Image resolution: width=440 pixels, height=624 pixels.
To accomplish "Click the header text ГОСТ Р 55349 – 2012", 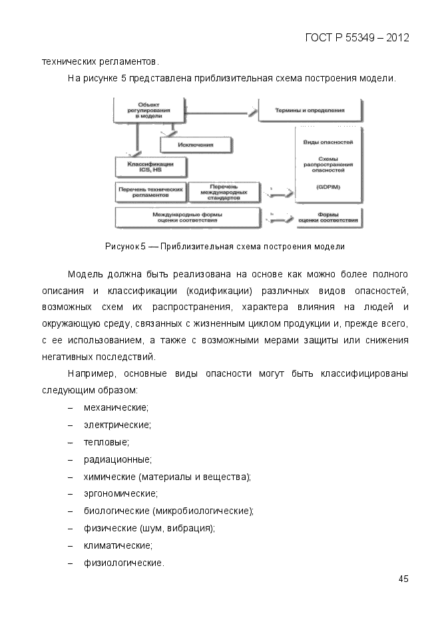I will [x=357, y=37].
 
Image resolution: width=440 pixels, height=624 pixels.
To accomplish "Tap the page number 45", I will [x=403, y=578].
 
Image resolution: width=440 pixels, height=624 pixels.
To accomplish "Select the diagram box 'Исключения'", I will [x=196, y=144].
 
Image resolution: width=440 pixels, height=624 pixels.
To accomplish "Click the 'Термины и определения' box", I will [x=310, y=109].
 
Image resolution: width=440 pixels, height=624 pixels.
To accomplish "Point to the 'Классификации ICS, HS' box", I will [x=150, y=166].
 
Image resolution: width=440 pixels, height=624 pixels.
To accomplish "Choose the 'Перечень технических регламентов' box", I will [x=150, y=192].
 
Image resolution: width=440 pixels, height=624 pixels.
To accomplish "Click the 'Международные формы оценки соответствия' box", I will [x=187, y=217].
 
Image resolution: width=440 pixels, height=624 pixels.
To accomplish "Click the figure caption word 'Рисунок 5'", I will [x=126, y=247].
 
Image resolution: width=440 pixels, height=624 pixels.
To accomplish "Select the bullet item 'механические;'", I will [x=116, y=407].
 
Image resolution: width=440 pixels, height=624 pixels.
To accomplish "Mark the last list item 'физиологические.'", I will [x=124, y=563].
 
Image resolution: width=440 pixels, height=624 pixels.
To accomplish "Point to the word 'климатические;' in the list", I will [x=118, y=546].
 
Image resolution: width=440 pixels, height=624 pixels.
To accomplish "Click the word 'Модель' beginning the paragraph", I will [x=84, y=275].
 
